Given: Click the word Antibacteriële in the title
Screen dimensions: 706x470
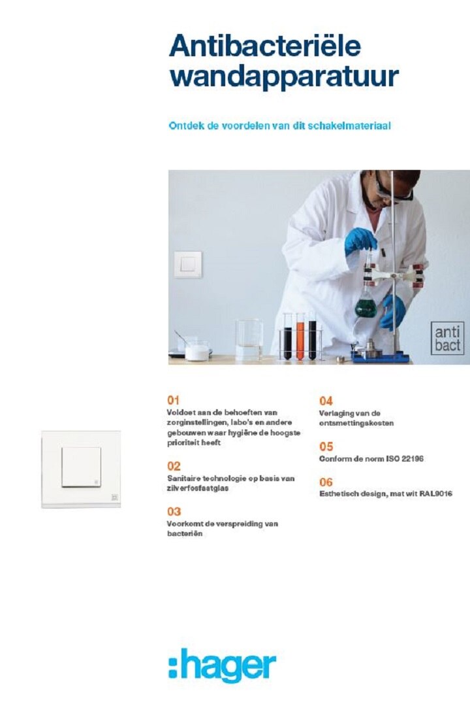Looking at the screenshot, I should pos(264,46).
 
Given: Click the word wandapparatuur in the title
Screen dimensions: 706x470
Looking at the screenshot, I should pos(283,77).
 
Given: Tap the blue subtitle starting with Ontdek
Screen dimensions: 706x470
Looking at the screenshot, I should pos(279,126).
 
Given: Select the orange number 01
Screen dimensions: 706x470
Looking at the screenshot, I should pos(173,400).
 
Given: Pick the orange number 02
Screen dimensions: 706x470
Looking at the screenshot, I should pos(174,466).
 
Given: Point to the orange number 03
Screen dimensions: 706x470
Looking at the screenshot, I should pos(174,512).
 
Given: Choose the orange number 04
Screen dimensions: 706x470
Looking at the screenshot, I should pos(326,401).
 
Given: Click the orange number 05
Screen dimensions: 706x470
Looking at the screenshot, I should pos(326,446).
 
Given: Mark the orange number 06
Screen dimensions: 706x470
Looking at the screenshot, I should pos(326,482).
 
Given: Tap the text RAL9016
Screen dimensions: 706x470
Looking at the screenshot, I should pos(435,494).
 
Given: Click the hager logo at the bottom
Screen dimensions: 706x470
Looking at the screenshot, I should pos(223,666).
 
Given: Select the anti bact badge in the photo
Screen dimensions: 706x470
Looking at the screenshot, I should pos(447,337).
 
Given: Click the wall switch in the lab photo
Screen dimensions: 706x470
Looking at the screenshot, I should pos(188,264).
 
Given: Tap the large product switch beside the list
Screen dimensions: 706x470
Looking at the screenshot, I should pos(81,468).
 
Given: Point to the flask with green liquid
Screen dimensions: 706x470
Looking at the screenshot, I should pos(366,305).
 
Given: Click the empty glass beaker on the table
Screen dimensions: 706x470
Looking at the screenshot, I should pos(249,339).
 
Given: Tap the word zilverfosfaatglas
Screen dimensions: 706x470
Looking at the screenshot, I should pos(198,488).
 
